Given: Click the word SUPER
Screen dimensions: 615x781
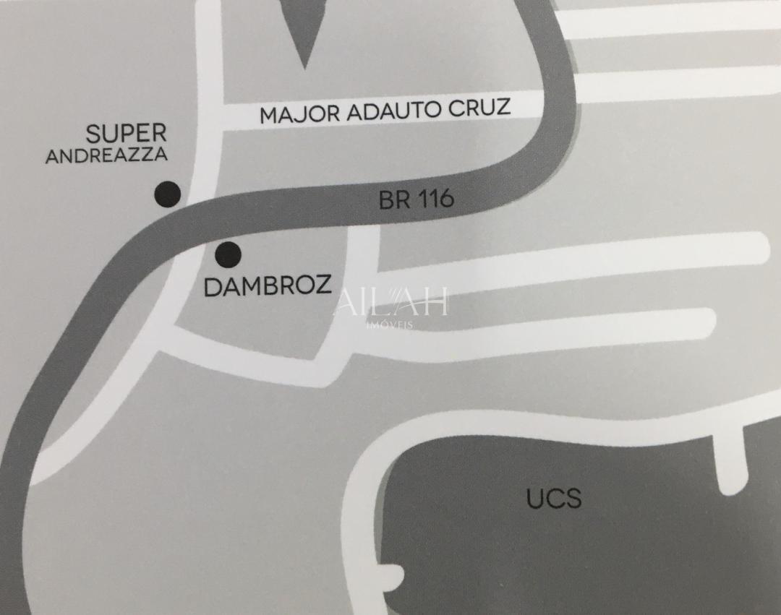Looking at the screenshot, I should [126, 134].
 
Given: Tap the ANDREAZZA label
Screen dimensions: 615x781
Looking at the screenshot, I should [106, 155].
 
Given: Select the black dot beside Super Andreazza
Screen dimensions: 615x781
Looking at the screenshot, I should [167, 194].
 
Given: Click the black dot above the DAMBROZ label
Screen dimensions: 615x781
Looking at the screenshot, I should [229, 254].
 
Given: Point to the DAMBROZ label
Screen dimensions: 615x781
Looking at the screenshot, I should [268, 286].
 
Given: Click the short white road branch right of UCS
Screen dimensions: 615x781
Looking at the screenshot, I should [732, 459].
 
